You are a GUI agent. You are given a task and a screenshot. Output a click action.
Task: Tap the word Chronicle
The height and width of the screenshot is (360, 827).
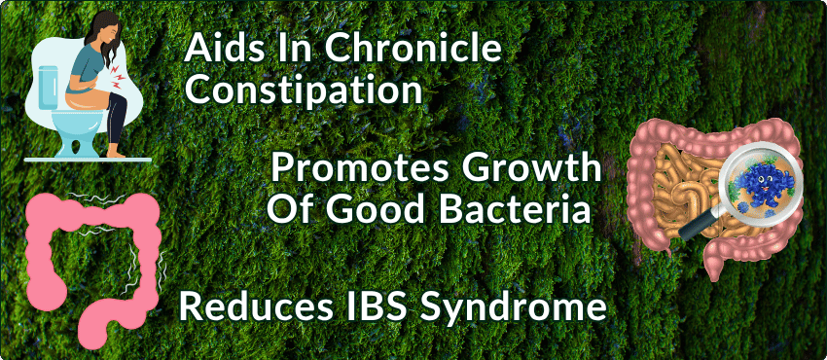point(412,49)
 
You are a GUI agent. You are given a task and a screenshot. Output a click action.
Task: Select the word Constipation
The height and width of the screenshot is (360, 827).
point(304,90)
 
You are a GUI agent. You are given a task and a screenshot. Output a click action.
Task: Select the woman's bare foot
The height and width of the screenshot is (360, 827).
point(116,153)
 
